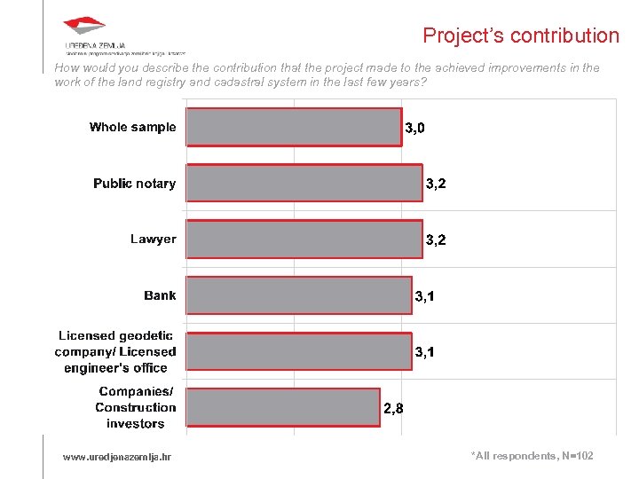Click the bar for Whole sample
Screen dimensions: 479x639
pyautogui.click(x=294, y=127)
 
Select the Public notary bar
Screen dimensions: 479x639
pyautogui.click(x=304, y=183)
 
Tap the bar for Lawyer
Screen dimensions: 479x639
pyautogui.click(x=304, y=239)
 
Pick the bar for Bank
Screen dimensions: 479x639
pyautogui.click(x=299, y=295)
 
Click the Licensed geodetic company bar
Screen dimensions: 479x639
pyautogui.click(x=299, y=351)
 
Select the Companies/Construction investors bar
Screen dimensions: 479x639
pyautogui.click(x=283, y=408)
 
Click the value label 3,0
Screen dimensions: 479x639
pyautogui.click(x=414, y=129)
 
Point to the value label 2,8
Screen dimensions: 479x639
pyautogui.click(x=394, y=409)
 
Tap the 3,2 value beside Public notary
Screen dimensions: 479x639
pyautogui.click(x=436, y=185)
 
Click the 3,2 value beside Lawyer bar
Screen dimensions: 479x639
pyautogui.click(x=436, y=240)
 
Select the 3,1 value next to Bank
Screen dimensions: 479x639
pyautogui.click(x=425, y=296)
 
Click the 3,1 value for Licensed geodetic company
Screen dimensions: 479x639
pyautogui.click(x=425, y=353)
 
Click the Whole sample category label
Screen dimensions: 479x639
pyautogui.click(x=132, y=127)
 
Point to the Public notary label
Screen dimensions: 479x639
pyautogui.click(x=134, y=183)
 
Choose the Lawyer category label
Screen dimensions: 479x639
pyautogui.click(x=153, y=239)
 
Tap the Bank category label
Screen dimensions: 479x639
pyautogui.click(x=160, y=295)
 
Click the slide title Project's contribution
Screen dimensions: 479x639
pyautogui.click(x=521, y=35)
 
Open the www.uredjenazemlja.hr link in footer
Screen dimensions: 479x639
pyautogui.click(x=117, y=457)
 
